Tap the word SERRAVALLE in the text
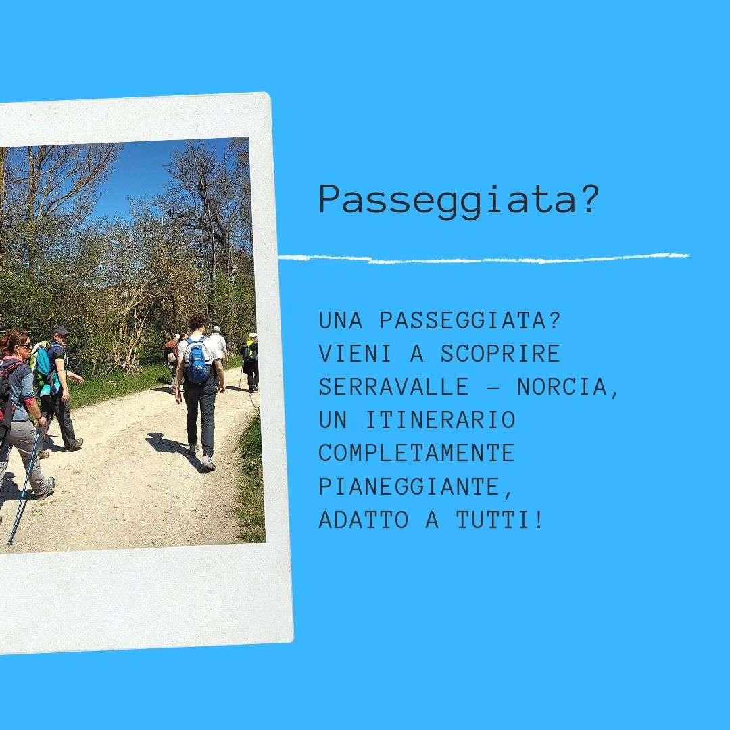click(394, 387)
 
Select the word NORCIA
click(562, 387)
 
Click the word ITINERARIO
click(441, 420)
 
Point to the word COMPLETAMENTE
click(416, 453)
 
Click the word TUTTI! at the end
click(500, 520)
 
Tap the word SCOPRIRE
click(500, 354)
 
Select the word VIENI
click(356, 354)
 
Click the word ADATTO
click(364, 520)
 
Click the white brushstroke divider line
click(484, 258)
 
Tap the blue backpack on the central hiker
click(197, 360)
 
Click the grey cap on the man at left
click(60, 330)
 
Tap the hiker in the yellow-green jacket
click(251, 361)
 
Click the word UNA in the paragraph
click(340, 320)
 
